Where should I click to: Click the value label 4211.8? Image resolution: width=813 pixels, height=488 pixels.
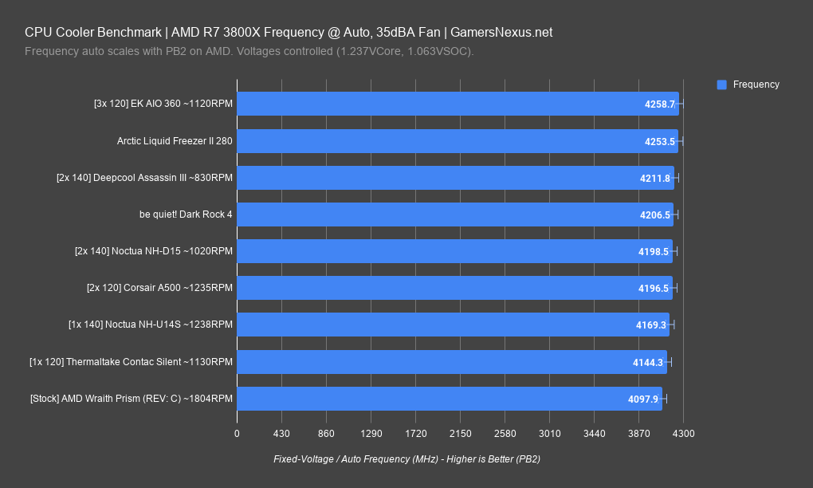[654, 179]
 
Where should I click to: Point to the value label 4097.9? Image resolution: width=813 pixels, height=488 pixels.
[643, 399]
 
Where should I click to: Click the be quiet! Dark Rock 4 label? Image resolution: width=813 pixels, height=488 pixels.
[186, 214]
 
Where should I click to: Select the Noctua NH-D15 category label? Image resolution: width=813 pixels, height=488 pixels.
[153, 251]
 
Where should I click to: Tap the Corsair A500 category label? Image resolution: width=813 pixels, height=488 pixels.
[159, 288]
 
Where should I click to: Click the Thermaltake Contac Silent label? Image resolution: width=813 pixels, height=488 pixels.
[131, 362]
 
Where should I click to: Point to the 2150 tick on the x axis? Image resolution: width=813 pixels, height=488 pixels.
[460, 434]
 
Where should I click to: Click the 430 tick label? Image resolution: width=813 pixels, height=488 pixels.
[281, 434]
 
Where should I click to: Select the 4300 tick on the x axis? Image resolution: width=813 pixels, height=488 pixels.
[683, 434]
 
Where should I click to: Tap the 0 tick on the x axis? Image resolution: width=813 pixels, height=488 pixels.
[237, 434]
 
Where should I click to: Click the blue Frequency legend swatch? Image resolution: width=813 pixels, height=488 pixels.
[721, 85]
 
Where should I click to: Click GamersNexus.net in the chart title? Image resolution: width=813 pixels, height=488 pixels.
[501, 33]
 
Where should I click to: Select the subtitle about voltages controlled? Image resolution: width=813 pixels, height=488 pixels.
[249, 52]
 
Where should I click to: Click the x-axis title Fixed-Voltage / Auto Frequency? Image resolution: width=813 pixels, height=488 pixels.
[406, 459]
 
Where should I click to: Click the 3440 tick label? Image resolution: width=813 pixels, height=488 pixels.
[594, 434]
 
